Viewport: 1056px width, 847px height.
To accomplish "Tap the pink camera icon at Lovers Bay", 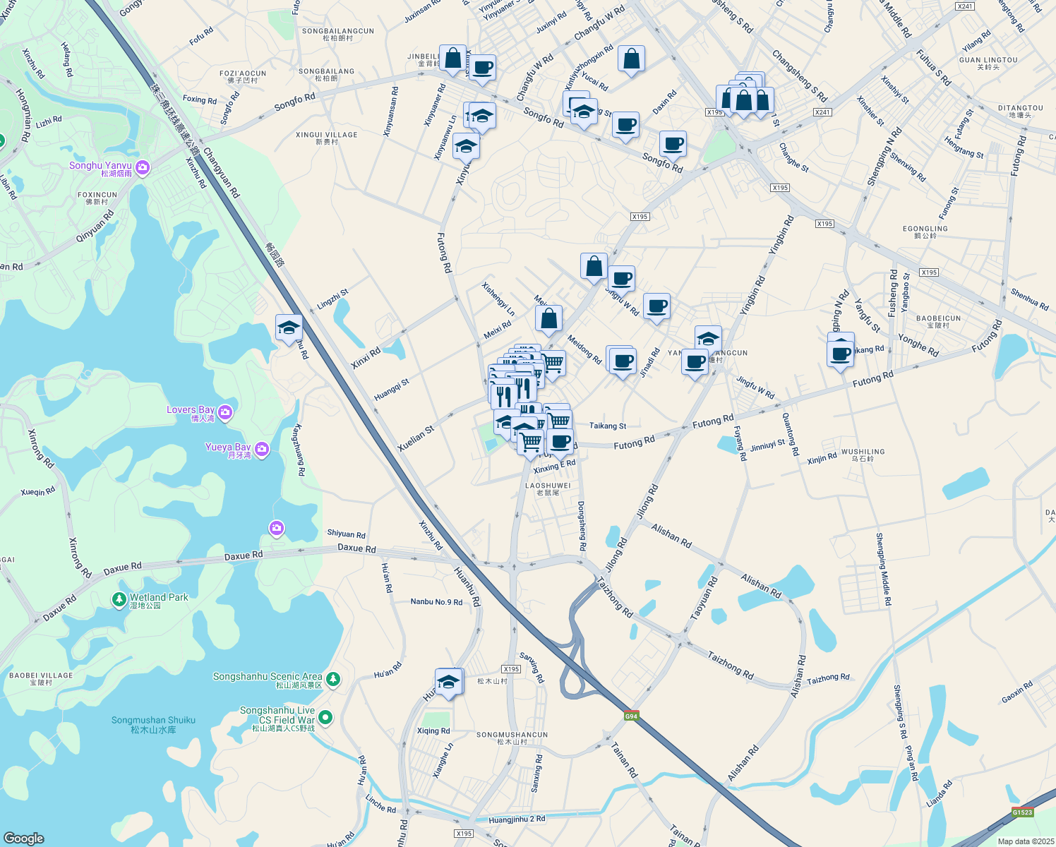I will [x=225, y=413].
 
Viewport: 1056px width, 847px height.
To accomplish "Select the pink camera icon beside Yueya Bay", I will [x=262, y=449].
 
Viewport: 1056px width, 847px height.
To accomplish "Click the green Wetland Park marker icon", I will [x=119, y=599].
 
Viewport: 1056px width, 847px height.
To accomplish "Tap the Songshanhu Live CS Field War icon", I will [x=325, y=718].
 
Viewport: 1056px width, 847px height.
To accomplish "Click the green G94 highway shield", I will [x=632, y=716].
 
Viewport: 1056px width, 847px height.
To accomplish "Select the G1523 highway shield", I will [x=1022, y=812].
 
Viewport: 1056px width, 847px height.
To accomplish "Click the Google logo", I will [x=24, y=838].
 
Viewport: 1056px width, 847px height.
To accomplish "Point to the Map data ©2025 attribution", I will [x=1026, y=841].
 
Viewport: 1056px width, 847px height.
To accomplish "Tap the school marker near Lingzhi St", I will [x=289, y=328].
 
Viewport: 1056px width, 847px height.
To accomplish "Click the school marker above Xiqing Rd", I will [x=448, y=683].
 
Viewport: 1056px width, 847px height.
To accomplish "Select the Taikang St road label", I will [x=608, y=426].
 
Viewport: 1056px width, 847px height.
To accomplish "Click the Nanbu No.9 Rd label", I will [x=436, y=602].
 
